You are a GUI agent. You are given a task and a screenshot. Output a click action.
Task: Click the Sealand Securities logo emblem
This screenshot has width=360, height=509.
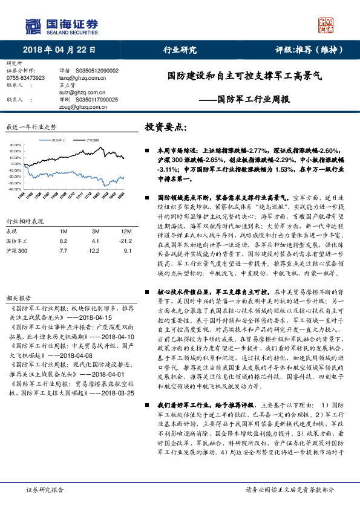pos(36,26)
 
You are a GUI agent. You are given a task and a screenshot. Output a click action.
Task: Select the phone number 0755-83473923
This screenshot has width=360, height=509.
pos(25,78)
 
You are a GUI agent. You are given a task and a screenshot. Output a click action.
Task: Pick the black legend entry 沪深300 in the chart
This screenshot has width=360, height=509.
pos(92,139)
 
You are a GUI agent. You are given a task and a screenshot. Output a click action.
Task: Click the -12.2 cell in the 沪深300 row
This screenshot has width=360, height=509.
pos(93,250)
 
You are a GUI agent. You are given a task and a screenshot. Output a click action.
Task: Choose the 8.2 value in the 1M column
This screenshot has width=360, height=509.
pos(64,241)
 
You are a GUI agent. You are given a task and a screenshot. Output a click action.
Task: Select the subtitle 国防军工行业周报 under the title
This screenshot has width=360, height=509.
pos(253,99)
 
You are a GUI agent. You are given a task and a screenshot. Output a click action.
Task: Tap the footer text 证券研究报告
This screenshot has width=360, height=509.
pos(45,490)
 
